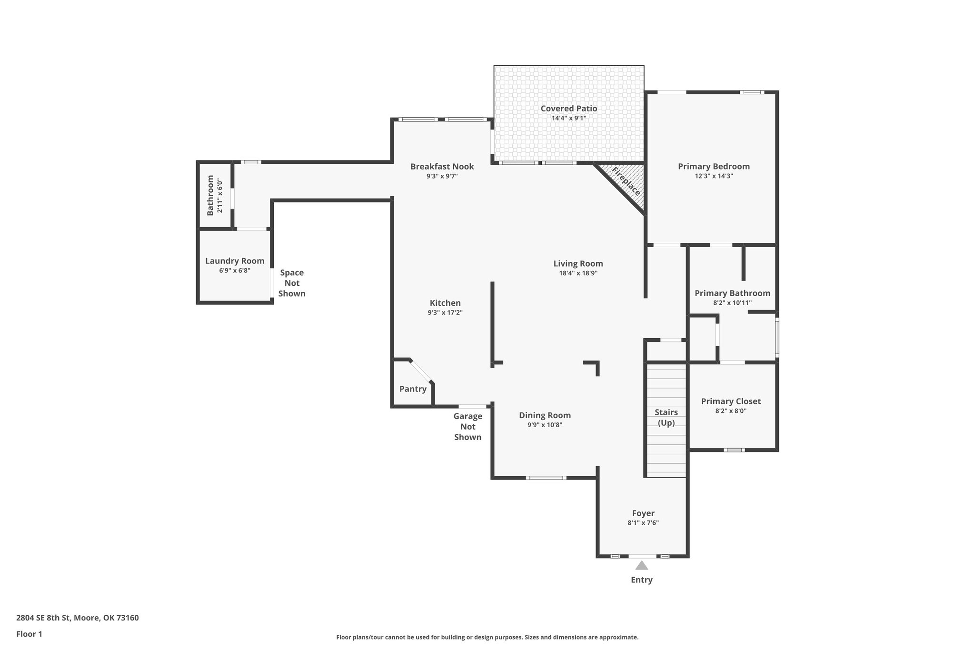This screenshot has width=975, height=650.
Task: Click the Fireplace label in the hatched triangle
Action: pyautogui.click(x=626, y=181)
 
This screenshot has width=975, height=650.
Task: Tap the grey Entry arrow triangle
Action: pyautogui.click(x=642, y=565)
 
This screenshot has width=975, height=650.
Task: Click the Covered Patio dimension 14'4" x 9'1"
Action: pyautogui.click(x=569, y=118)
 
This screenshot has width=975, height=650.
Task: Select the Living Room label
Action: pyautogui.click(x=578, y=263)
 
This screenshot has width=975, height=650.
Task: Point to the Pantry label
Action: pyautogui.click(x=413, y=389)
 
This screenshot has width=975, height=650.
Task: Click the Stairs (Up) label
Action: pyautogui.click(x=666, y=417)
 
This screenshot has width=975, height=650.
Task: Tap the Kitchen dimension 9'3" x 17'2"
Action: pyautogui.click(x=445, y=313)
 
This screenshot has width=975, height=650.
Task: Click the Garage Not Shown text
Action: pyautogui.click(x=468, y=427)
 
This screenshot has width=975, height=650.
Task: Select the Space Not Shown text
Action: pyautogui.click(x=292, y=283)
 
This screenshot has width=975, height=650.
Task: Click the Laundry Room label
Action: pyautogui.click(x=235, y=261)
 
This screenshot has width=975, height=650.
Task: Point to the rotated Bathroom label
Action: pyautogui.click(x=210, y=195)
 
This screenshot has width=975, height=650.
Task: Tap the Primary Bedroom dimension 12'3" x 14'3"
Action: pyautogui.click(x=714, y=176)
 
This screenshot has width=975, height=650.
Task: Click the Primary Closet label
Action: pyautogui.click(x=731, y=401)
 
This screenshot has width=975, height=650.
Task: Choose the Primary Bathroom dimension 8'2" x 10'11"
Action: pyautogui.click(x=732, y=303)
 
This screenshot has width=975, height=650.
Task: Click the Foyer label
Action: pyautogui.click(x=643, y=513)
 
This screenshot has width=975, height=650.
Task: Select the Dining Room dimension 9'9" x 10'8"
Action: pyautogui.click(x=545, y=425)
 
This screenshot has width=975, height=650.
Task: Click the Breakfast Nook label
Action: pyautogui.click(x=442, y=166)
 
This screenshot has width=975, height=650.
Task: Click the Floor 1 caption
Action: pyautogui.click(x=30, y=634)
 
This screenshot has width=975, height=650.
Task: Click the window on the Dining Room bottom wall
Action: pyautogui.click(x=546, y=478)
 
